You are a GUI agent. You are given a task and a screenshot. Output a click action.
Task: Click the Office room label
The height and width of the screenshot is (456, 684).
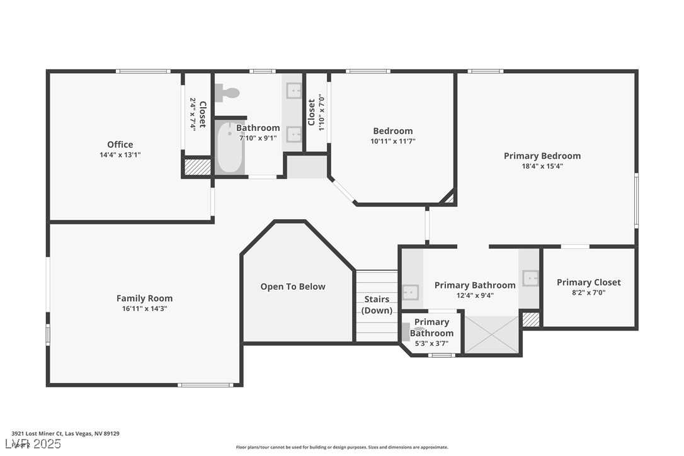click(x=120, y=144)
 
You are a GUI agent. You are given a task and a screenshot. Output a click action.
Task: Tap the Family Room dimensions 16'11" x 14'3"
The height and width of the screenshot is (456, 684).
click(x=144, y=309)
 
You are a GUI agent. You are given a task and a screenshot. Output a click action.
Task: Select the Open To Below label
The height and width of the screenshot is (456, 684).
click(x=293, y=287)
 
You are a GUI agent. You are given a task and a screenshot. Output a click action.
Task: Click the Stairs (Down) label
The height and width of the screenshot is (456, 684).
click(x=377, y=305)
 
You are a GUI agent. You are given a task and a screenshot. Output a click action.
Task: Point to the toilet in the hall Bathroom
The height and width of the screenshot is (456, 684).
click(x=227, y=93)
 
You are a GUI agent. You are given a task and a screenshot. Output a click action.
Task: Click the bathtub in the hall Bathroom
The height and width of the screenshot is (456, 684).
click(x=230, y=147)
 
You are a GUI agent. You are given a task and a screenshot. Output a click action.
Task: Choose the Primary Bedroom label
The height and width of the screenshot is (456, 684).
click(x=542, y=156)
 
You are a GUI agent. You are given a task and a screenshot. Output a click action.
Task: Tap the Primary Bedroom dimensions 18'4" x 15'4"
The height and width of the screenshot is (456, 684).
click(x=542, y=166)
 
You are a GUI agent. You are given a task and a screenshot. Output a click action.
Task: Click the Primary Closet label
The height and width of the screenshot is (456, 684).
click(x=588, y=282)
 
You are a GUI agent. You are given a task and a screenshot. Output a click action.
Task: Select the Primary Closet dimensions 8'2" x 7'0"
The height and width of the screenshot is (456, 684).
click(x=588, y=292)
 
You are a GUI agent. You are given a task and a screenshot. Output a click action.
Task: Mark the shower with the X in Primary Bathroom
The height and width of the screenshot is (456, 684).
click(x=491, y=334)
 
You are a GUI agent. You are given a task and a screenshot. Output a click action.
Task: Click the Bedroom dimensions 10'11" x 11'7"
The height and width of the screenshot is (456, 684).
click(x=392, y=141)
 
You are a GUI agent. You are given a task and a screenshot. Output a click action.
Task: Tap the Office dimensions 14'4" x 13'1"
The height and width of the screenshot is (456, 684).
click(x=120, y=154)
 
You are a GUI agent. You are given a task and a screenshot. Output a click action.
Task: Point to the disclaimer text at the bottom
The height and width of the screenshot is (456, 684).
click(x=342, y=447)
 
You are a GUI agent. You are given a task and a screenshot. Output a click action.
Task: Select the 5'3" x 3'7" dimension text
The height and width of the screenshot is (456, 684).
click(x=431, y=343)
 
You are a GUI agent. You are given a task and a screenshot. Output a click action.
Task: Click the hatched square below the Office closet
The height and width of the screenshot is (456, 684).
click(x=197, y=167)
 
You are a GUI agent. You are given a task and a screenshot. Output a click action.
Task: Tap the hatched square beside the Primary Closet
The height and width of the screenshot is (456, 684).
click(x=531, y=319)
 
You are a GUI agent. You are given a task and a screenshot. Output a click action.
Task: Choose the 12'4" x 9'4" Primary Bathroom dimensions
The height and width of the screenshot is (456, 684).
click(x=475, y=295)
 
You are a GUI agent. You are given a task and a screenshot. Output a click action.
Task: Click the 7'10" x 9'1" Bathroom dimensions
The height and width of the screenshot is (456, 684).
click(x=258, y=138)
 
